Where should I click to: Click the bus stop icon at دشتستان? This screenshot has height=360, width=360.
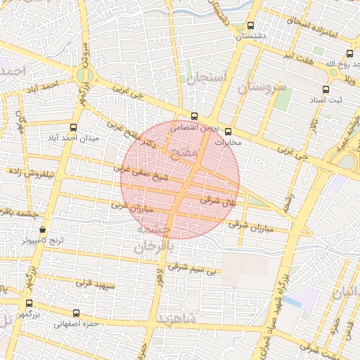(x=251, y=26)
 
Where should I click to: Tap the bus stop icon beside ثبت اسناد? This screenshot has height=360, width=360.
(x=326, y=90)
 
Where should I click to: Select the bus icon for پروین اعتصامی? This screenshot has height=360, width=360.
(x=195, y=117)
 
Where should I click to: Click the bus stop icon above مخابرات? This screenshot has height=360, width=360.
(x=227, y=131)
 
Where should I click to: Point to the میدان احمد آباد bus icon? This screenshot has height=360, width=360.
(x=74, y=127)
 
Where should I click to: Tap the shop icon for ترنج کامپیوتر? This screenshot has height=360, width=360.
(x=43, y=230)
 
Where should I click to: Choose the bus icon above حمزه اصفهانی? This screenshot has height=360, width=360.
(x=77, y=314)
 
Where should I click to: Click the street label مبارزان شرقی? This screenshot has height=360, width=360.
(x=250, y=227)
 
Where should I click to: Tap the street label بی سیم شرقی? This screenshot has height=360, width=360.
(x=196, y=268)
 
